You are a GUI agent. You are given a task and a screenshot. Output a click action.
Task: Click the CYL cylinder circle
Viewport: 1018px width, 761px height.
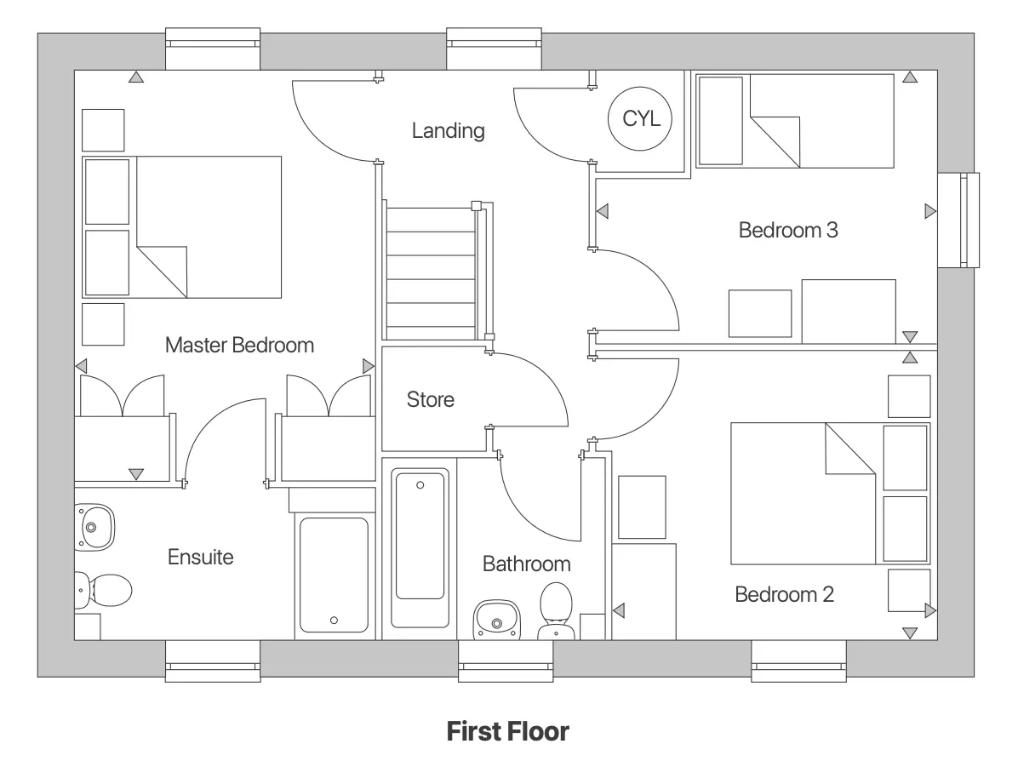click(640, 118)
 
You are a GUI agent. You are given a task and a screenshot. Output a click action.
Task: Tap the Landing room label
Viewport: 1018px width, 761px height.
click(448, 131)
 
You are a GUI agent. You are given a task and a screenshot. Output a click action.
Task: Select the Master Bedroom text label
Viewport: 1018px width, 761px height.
click(239, 345)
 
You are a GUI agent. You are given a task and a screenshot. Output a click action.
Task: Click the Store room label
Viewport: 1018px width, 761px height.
click(430, 399)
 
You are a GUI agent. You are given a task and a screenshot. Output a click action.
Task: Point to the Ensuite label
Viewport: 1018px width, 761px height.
click(200, 558)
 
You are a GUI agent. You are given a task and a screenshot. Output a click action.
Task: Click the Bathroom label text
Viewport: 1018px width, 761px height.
click(526, 564)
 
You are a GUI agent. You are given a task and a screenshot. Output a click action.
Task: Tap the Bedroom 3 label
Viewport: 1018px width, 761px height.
click(788, 230)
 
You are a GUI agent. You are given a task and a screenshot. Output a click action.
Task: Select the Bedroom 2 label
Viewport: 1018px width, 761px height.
click(784, 594)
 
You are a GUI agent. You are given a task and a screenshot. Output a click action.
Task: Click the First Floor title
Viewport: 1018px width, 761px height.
click(507, 731)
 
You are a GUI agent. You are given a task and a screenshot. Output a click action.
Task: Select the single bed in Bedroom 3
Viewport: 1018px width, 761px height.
click(795, 120)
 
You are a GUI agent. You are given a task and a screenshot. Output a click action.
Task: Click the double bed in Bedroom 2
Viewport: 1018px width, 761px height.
click(804, 494)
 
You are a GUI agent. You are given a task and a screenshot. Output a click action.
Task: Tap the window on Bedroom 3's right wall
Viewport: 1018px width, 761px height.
click(958, 220)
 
